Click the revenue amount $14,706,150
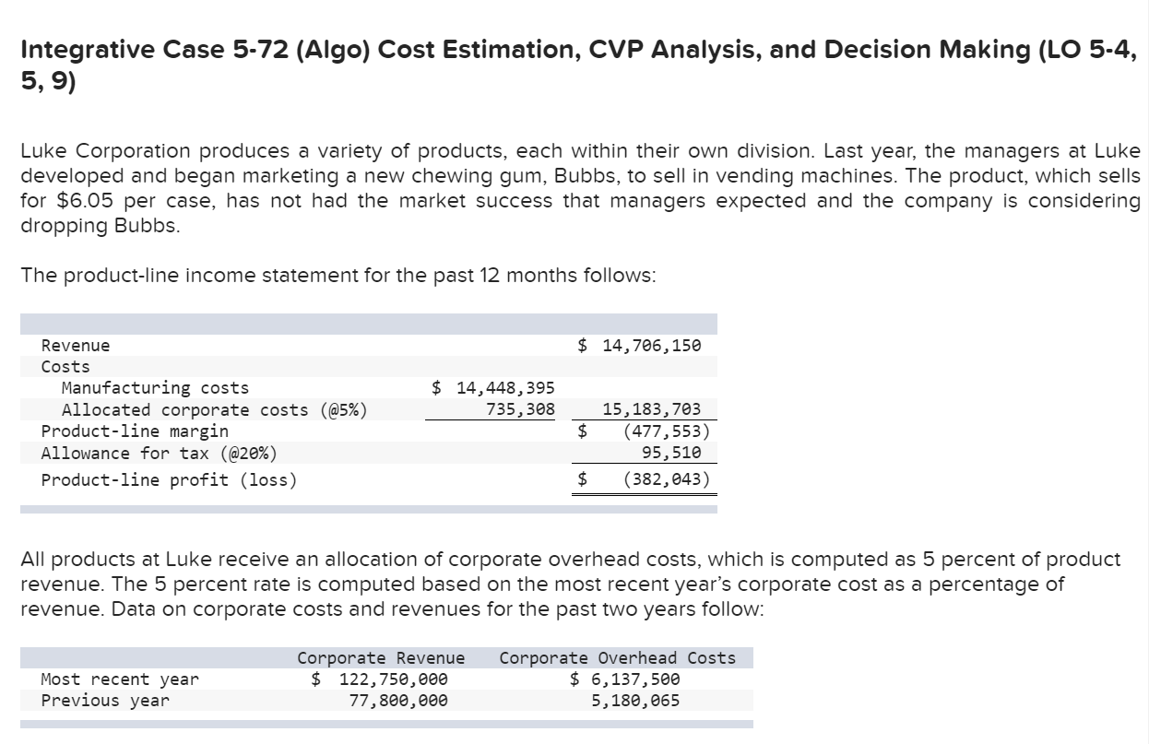pos(641,346)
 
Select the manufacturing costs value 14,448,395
pos(494,388)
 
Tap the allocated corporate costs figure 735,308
pos(520,409)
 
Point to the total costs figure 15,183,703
pos(651,409)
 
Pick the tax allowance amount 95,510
pos(671,453)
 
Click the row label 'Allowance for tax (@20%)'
pos(159,453)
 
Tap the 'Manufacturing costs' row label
pos(155,388)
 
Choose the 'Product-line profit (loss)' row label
pos(170,479)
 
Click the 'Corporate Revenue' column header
pos(381,658)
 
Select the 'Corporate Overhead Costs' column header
pos(617,658)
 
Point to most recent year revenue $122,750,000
pos(381,679)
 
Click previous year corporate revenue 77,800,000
pos(398,701)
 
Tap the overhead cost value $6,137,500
pos(626,679)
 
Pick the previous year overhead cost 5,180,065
pos(635,701)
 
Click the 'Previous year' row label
pos(106,701)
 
